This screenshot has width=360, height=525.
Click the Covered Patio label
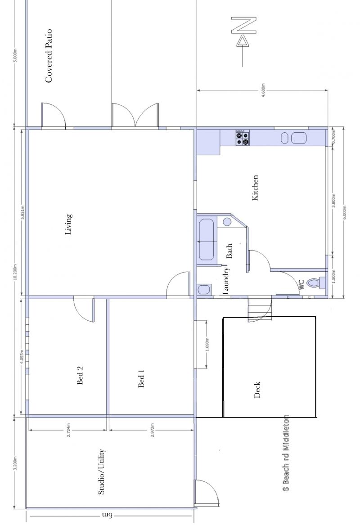pos(49,56)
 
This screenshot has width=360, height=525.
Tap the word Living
pos(68,224)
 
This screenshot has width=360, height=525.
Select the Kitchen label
pos(255,188)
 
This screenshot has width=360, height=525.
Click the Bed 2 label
pos(80,375)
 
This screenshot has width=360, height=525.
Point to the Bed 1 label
pos(141,378)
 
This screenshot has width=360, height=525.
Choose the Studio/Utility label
pos(102,471)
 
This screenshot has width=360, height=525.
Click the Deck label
pos(257,390)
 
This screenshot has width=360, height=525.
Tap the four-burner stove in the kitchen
pos(242,138)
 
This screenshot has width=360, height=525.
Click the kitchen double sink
pos(293,138)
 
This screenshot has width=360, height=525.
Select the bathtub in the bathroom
pos(206,240)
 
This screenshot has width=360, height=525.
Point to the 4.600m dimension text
pos(263,90)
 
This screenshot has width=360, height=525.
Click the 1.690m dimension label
pos(207,345)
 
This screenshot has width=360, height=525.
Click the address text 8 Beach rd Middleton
pos(286,453)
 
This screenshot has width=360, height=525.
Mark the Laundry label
pos(226,281)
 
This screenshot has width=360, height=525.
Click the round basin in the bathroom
pos(227,222)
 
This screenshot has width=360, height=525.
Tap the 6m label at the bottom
pos(107,515)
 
